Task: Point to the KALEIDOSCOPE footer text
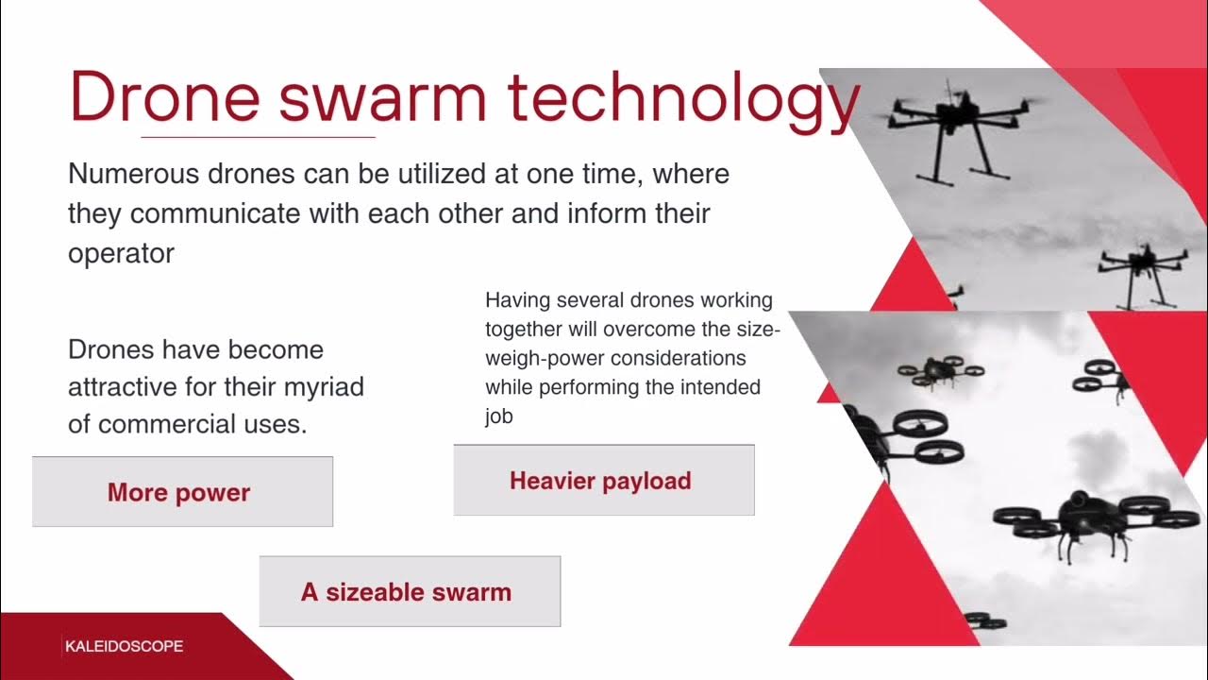tap(124, 647)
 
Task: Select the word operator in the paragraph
tap(121, 253)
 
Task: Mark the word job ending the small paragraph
tap(498, 416)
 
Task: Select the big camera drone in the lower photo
tap(1095, 518)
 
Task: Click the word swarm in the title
tap(384, 97)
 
